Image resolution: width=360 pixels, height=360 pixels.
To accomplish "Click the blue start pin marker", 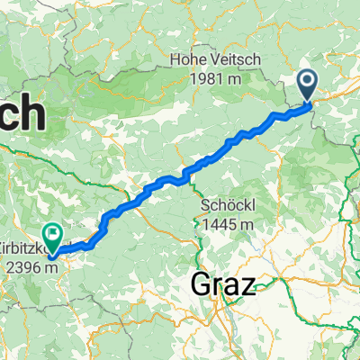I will [308, 86].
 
